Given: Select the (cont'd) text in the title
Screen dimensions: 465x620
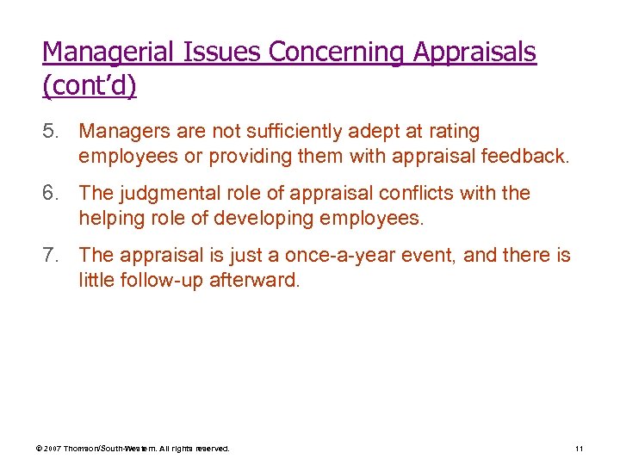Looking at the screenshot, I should (x=89, y=87).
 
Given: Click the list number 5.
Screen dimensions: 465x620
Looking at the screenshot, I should (x=53, y=132).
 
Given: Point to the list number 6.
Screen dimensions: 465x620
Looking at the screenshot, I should (x=53, y=194).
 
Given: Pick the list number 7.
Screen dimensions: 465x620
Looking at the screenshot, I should (x=53, y=256).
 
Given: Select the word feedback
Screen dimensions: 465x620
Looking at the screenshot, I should (x=531, y=157).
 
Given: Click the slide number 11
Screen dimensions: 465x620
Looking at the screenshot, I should (x=579, y=449).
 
